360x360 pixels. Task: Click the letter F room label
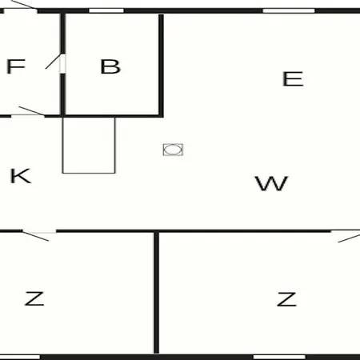pyautogui.click(x=16, y=66)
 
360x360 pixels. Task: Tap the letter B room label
pyautogui.click(x=110, y=66)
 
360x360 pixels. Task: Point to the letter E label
pyautogui.click(x=293, y=78)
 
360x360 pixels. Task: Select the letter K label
pyautogui.click(x=21, y=176)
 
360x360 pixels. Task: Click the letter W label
pyautogui.click(x=271, y=183)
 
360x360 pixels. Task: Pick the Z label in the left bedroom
pyautogui.click(x=34, y=298)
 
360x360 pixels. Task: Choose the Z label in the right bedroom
pyautogui.click(x=286, y=299)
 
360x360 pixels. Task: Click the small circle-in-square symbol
pyautogui.click(x=173, y=150)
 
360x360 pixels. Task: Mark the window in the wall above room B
pyautogui.click(x=106, y=10)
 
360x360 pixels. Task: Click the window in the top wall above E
pyautogui.click(x=289, y=10)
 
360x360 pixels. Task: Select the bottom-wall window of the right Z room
pyautogui.click(x=279, y=357)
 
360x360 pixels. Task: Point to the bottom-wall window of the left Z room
pyautogui.click(x=19, y=357)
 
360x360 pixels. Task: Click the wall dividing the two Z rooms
pyautogui.click(x=157, y=293)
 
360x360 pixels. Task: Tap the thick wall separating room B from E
pyautogui.click(x=161, y=66)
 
